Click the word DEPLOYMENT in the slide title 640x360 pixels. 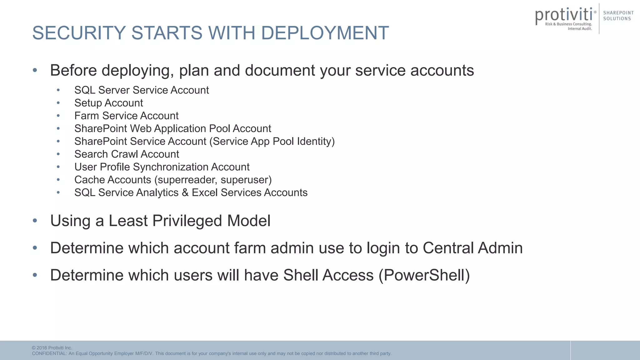(325, 33)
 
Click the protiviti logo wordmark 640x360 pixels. (564, 15)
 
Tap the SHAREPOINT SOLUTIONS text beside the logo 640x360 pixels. (618, 16)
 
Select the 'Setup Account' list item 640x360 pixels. (108, 103)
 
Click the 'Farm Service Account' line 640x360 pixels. (126, 116)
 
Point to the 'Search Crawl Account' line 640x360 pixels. (127, 154)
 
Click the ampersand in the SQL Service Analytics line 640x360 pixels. (185, 192)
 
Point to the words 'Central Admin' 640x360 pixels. (472, 248)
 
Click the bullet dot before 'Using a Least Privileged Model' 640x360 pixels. (35, 221)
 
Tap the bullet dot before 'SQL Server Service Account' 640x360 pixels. (58, 90)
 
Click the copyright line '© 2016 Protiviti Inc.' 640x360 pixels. (52, 348)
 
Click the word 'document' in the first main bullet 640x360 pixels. (280, 70)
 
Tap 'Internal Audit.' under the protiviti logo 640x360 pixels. (580, 29)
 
